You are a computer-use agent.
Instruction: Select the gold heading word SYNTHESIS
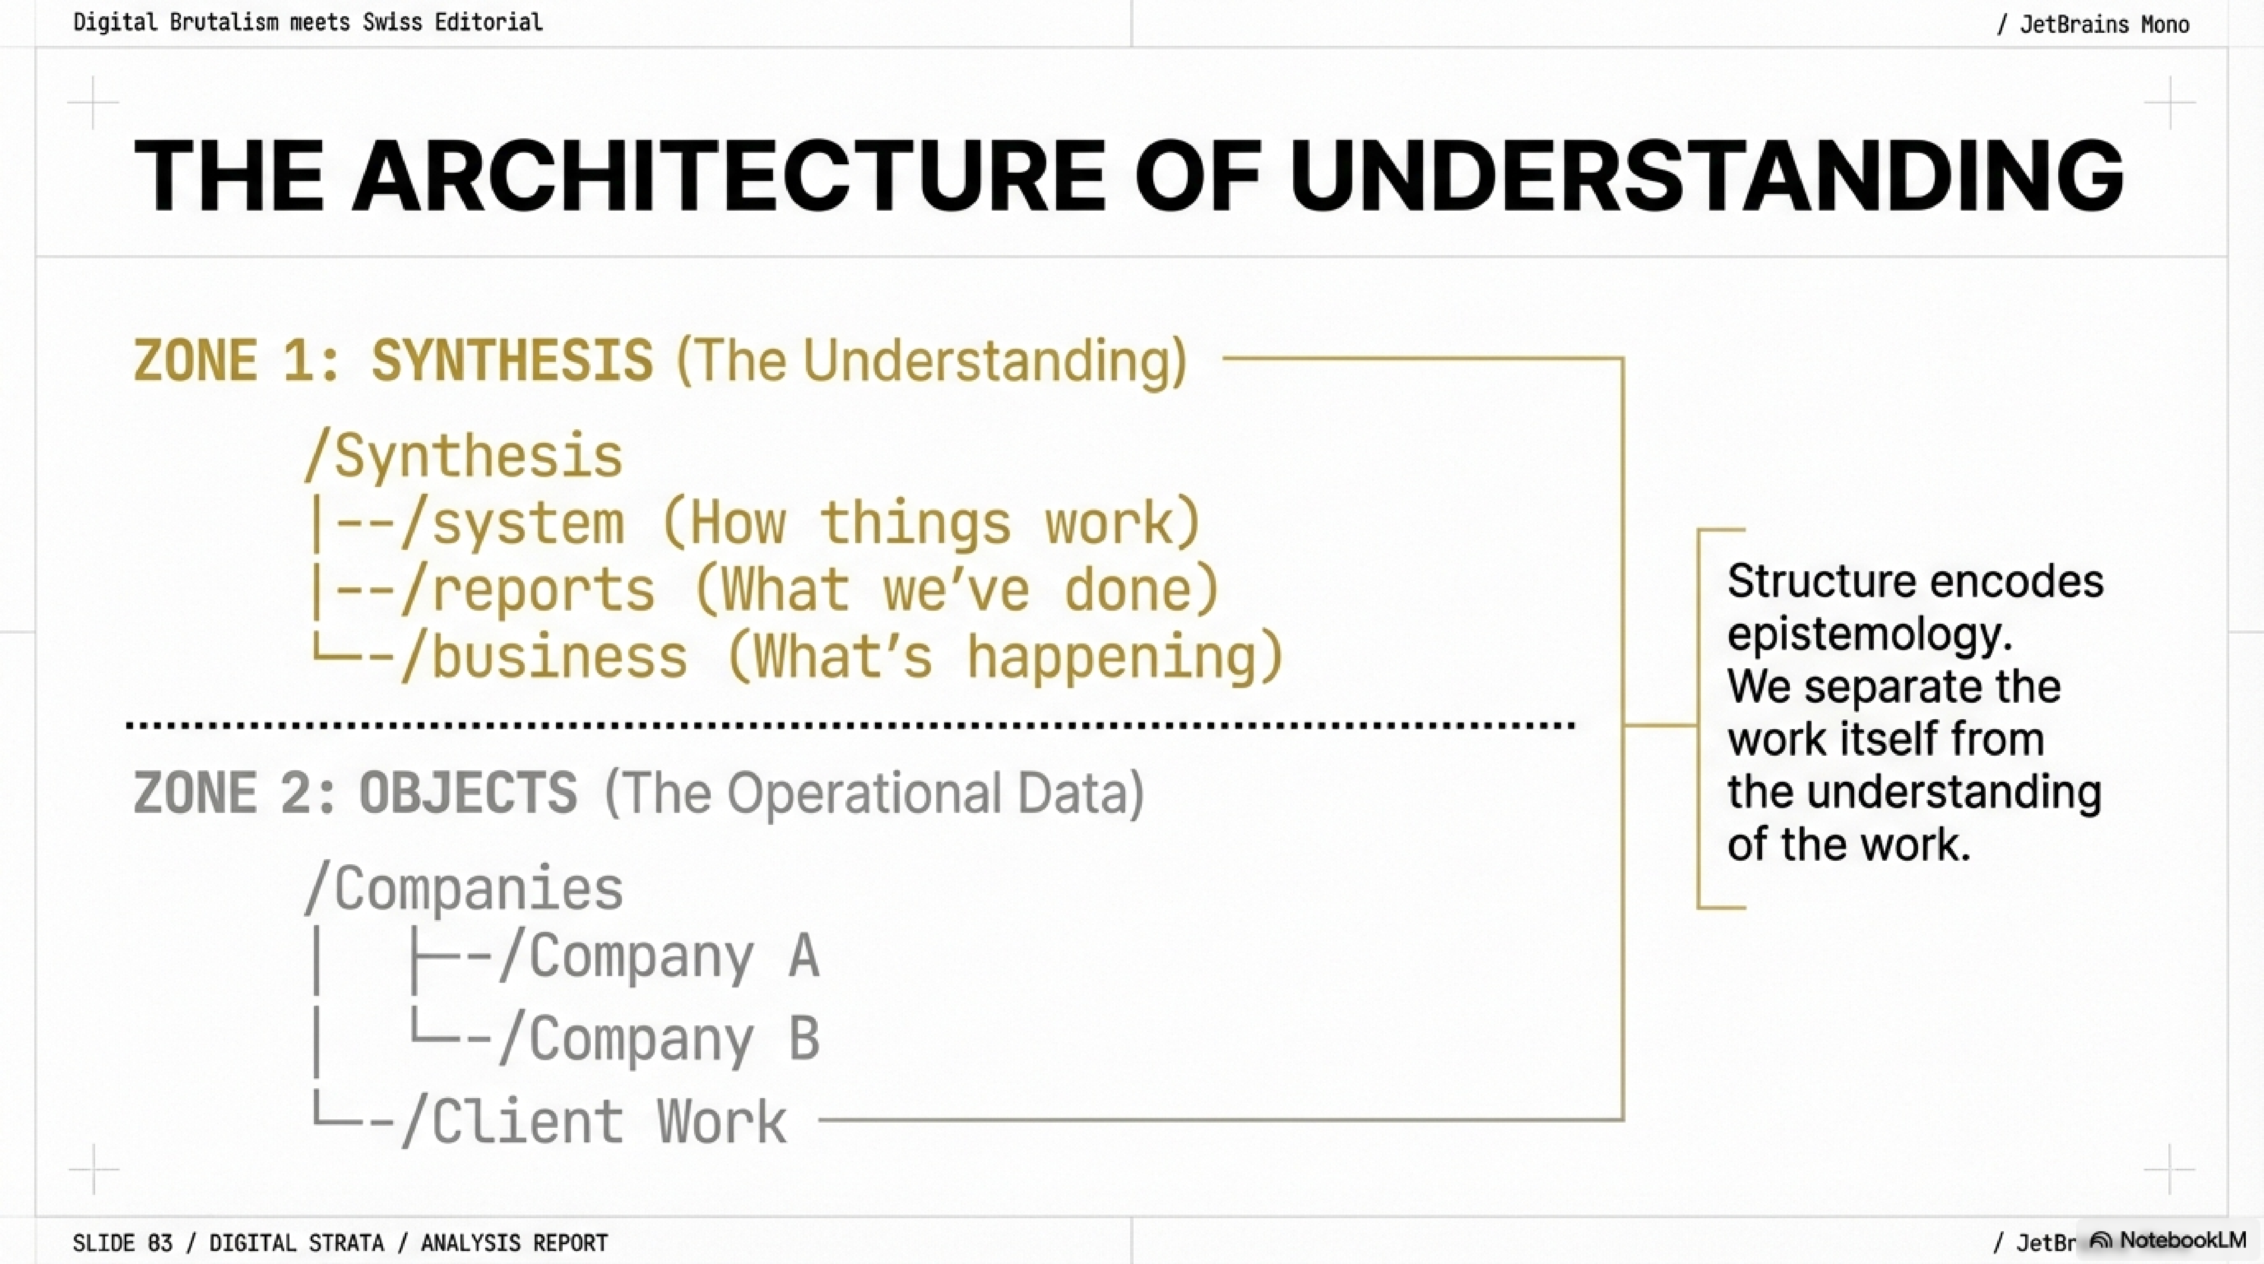point(511,360)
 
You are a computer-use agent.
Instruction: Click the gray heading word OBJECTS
point(467,793)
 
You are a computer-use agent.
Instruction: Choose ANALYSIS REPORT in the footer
point(514,1243)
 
